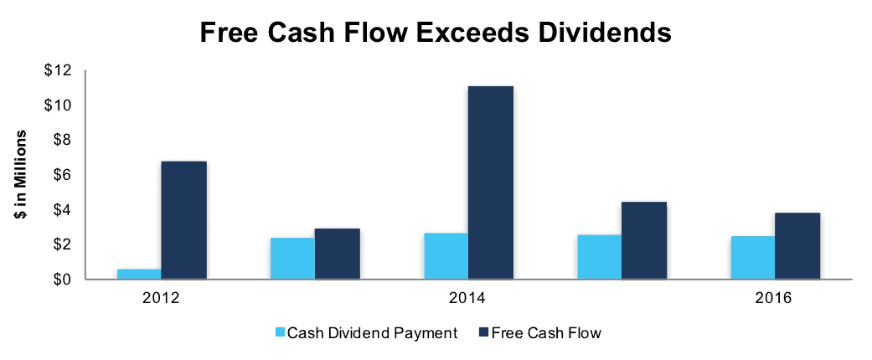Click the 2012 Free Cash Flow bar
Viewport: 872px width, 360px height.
pyautogui.click(x=183, y=220)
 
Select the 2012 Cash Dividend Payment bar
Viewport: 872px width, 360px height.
pyautogui.click(x=139, y=274)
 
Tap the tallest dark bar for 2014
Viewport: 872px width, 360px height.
pyautogui.click(x=491, y=183)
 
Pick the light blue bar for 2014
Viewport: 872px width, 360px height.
pyautogui.click(x=446, y=255)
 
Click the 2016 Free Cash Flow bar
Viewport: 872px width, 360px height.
pyautogui.click(x=797, y=245)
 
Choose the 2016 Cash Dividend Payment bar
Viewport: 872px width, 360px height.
pyautogui.click(x=753, y=257)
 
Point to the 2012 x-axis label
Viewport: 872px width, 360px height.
pyautogui.click(x=162, y=298)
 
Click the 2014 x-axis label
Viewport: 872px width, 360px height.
pyautogui.click(x=468, y=298)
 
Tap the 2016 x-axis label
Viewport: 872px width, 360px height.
pyautogui.click(x=775, y=298)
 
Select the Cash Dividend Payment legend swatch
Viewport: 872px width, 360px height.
pyautogui.click(x=280, y=332)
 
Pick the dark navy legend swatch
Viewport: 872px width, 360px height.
pyautogui.click(x=482, y=332)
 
